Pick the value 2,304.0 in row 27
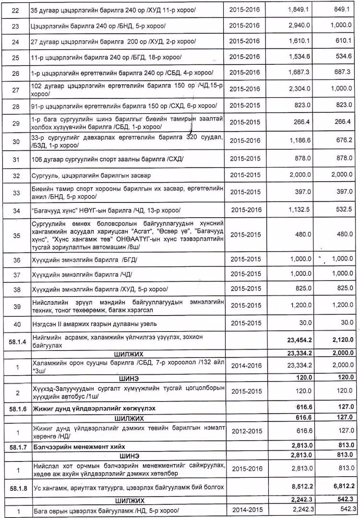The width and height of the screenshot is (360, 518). tap(301, 89)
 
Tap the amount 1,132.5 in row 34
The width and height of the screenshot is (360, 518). tap(301, 210)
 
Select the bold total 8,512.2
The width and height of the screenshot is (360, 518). tap(301, 487)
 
